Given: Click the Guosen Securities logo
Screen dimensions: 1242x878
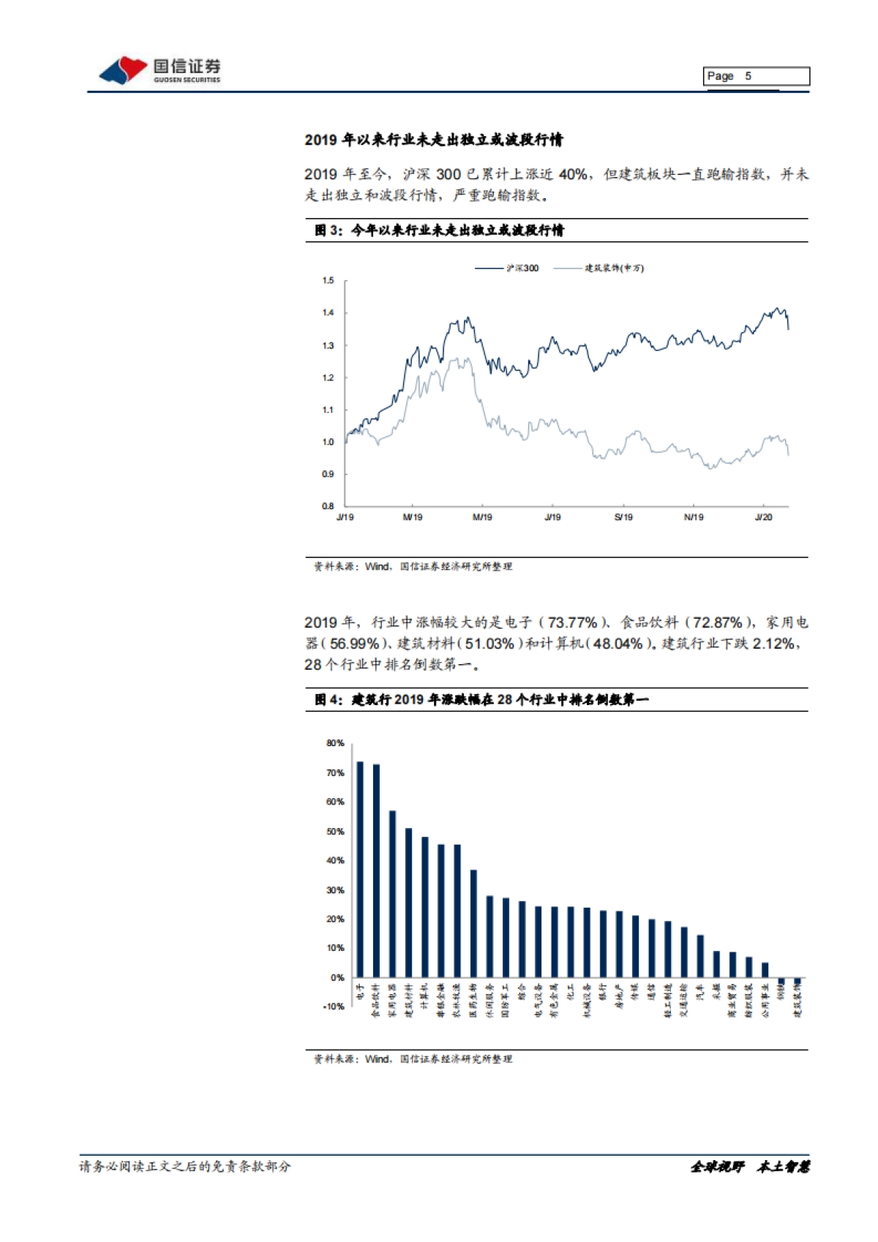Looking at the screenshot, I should (x=160, y=70).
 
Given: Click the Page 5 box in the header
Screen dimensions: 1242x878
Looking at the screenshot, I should (x=757, y=76).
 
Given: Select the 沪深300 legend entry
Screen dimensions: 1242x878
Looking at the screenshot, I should (x=507, y=268).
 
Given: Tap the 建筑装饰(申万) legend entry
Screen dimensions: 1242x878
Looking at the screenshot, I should (x=599, y=268).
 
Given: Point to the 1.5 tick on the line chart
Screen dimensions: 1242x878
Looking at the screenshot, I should (x=328, y=281).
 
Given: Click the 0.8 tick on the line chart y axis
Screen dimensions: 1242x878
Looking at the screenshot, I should (x=328, y=506).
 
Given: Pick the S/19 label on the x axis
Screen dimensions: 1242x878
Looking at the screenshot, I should (x=623, y=517).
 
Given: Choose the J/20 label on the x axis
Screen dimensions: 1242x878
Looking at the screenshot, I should (x=763, y=517).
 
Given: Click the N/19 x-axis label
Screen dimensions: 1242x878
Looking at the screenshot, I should (x=694, y=517).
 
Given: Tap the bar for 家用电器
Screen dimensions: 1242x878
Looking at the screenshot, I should (x=393, y=894).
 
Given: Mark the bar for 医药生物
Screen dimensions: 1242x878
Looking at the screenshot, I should (x=473, y=923).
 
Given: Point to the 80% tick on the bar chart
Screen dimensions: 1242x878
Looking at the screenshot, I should (x=335, y=743).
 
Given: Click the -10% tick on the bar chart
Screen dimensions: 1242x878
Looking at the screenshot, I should (x=334, y=1006).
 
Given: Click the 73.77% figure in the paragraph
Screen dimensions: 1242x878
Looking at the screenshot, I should (x=572, y=622).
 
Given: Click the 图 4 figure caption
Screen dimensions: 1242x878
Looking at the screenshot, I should (x=481, y=700).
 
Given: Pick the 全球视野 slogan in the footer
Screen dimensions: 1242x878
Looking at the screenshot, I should (x=717, y=1167).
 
